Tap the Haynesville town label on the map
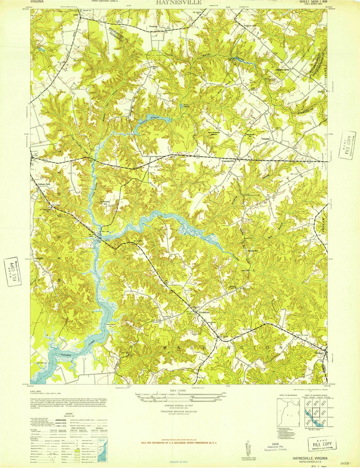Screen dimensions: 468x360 tap(228, 161)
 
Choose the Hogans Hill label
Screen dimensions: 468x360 tap(250, 26)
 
